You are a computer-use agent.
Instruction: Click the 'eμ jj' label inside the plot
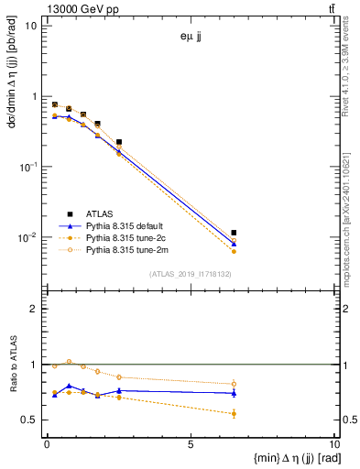(193, 38)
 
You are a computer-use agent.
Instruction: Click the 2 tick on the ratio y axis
(33, 309)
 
